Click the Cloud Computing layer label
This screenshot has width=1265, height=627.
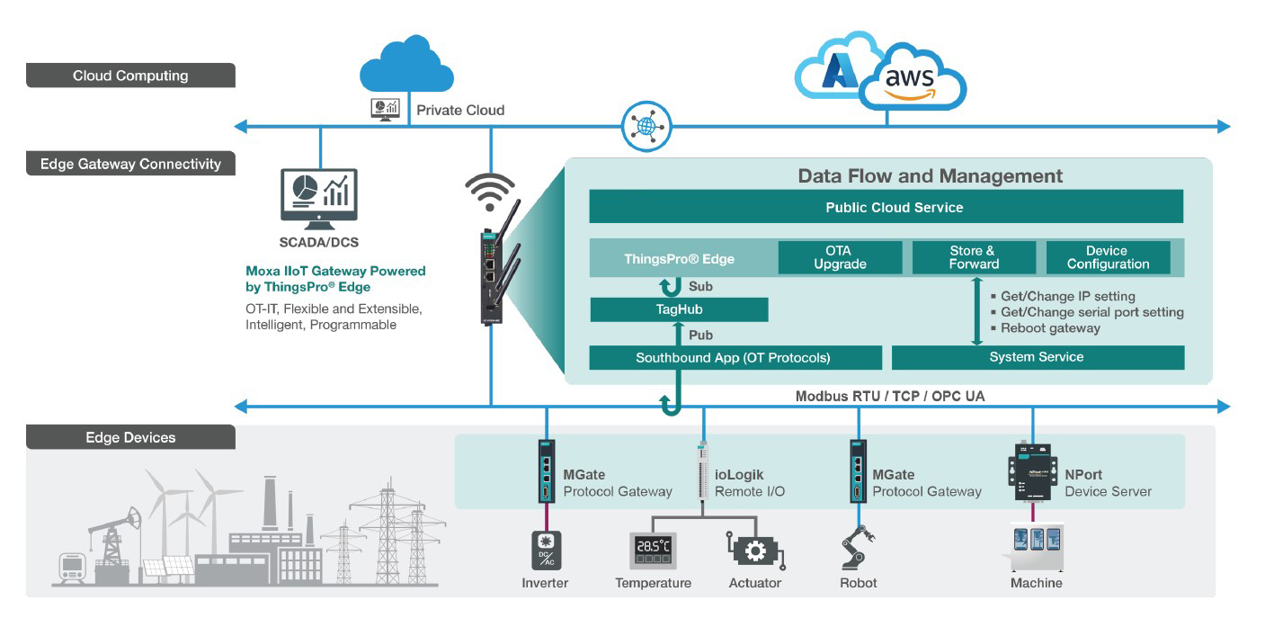tap(130, 76)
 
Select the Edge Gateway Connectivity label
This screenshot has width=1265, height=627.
tap(130, 164)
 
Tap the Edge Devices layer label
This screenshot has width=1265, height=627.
tap(130, 437)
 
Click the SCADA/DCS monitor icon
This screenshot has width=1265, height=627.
tap(318, 195)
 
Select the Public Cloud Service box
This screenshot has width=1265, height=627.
tap(886, 207)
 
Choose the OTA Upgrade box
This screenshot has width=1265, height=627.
tap(840, 257)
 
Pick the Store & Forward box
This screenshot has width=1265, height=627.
tap(974, 257)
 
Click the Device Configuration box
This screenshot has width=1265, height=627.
tap(1109, 257)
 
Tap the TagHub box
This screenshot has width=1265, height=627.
tap(679, 309)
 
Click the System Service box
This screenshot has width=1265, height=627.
tap(1037, 357)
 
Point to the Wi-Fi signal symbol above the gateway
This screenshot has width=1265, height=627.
tap(490, 188)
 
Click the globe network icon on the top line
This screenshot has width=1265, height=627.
tap(645, 126)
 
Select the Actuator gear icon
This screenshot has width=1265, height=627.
tap(755, 551)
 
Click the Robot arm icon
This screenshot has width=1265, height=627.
tap(858, 546)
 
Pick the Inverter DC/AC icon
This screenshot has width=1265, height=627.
tap(545, 550)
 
